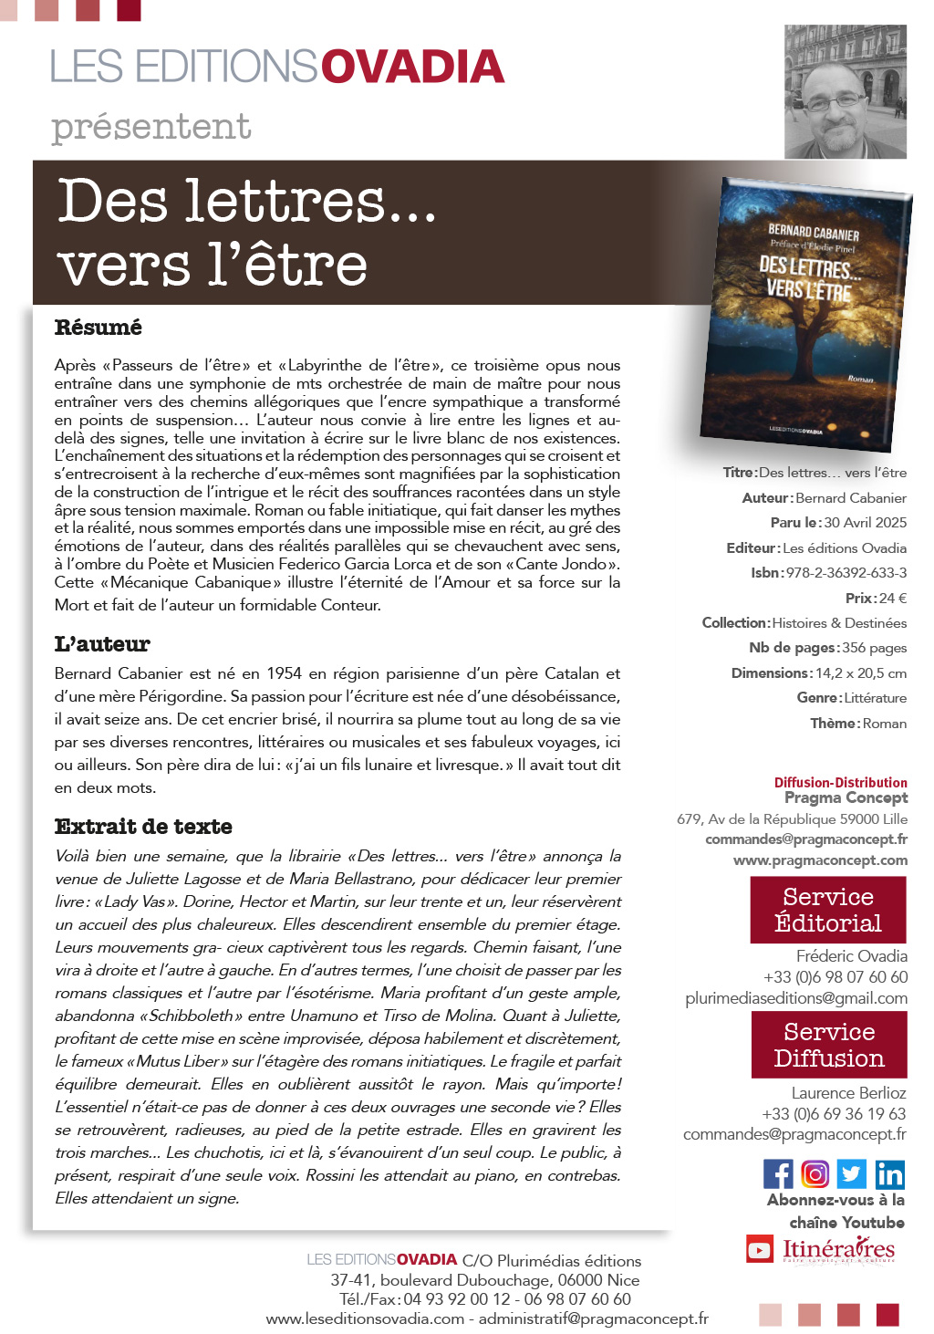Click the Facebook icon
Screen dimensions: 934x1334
pyautogui.click(x=778, y=1173)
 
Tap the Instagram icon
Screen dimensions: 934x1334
pyautogui.click(x=815, y=1173)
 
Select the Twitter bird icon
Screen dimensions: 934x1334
pyautogui.click(x=851, y=1173)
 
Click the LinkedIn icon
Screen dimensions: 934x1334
pyautogui.click(x=889, y=1173)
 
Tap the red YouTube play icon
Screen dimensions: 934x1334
pyautogui.click(x=760, y=1248)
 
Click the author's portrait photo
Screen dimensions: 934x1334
pyautogui.click(x=846, y=91)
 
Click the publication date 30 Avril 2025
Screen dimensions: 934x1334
pyautogui.click(x=866, y=523)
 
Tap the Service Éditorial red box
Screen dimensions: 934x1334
pyautogui.click(x=828, y=910)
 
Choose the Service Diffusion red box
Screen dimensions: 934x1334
pyautogui.click(x=829, y=1046)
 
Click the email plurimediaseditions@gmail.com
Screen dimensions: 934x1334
pyautogui.click(x=796, y=998)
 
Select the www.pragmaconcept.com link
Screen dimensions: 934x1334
pyautogui.click(x=820, y=860)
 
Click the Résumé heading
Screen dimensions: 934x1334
pyautogui.click(x=99, y=328)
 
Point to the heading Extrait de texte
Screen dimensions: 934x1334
pyautogui.click(x=143, y=827)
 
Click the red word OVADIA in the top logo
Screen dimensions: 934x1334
pyautogui.click(x=412, y=68)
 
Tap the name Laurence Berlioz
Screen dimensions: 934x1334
pyautogui.click(x=848, y=1093)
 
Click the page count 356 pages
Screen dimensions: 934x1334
pyautogui.click(x=874, y=648)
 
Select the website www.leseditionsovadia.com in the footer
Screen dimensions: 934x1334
pyautogui.click(x=365, y=1318)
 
